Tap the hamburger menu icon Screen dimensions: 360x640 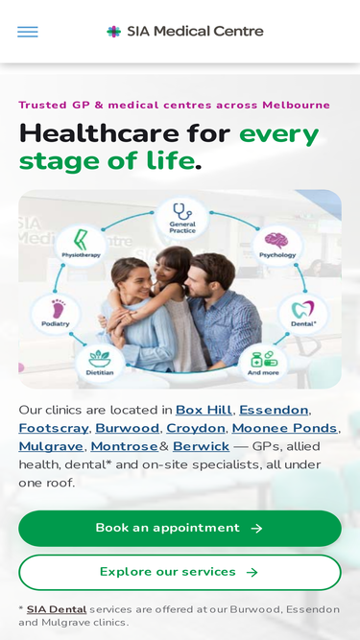click(27, 32)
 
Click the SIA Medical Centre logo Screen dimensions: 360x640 click(185, 31)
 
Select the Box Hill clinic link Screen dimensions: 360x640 click(204, 410)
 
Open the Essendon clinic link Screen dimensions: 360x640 click(274, 410)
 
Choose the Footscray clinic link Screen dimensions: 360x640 click(54, 428)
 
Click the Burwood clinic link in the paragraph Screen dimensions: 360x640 click(128, 428)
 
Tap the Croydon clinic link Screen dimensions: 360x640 click(196, 428)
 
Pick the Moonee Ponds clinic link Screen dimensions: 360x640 click(285, 428)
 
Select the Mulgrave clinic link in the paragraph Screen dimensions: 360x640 click(51, 446)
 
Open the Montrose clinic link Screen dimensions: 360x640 click(125, 446)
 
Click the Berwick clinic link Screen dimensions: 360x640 click(201, 446)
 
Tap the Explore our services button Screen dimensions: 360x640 click(180, 572)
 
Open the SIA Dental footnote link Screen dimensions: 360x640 click(57, 609)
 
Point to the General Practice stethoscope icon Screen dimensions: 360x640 click(182, 212)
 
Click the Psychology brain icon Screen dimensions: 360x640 click(276, 241)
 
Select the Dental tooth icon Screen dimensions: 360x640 click(302, 310)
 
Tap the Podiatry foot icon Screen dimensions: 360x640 click(59, 309)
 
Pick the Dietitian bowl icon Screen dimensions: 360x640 click(100, 358)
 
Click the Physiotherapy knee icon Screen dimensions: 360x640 click(81, 240)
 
